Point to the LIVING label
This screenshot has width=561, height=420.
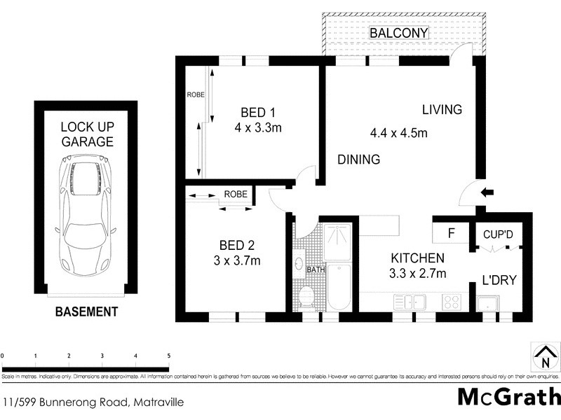(x=442, y=110)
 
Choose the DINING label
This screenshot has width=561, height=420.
(x=358, y=160)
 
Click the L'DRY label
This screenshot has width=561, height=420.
(x=500, y=280)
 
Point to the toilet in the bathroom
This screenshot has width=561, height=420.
(x=306, y=297)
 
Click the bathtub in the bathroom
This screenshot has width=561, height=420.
(x=339, y=287)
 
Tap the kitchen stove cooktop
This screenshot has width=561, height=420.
(x=450, y=302)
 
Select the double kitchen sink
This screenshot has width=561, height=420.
(x=411, y=302)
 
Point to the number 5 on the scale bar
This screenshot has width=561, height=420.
(x=168, y=356)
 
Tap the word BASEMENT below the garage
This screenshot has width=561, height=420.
(x=86, y=312)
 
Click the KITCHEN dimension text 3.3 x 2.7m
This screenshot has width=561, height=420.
(x=418, y=273)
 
